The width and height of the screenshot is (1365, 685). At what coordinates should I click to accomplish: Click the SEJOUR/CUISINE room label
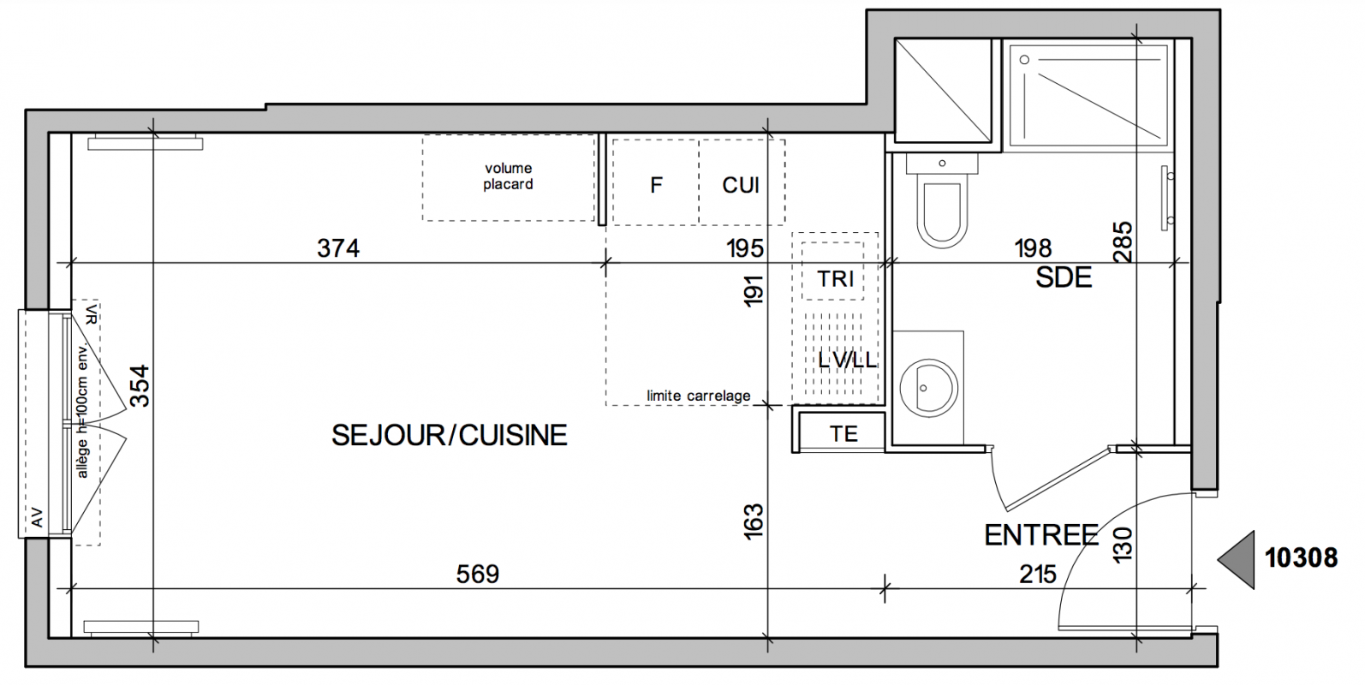tap(449, 435)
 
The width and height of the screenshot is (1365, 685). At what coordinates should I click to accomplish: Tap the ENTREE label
tap(1040, 535)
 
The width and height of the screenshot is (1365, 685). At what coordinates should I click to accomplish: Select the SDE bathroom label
tap(1064, 278)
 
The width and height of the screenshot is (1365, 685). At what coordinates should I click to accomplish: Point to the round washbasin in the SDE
tap(928, 388)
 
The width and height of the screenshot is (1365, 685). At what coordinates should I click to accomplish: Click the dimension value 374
tap(338, 248)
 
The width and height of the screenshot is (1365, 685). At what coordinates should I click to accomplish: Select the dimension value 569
tap(477, 574)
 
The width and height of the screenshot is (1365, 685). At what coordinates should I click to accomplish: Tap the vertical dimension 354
tap(140, 385)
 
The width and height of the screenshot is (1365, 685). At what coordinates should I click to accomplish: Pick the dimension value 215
tap(1037, 574)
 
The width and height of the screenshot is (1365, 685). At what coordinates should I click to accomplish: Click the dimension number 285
tap(1122, 242)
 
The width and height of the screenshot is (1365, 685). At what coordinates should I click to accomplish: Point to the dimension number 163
tap(754, 521)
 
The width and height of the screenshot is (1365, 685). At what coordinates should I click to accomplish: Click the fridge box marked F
tap(656, 182)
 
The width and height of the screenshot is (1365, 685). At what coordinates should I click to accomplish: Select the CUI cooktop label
tap(741, 185)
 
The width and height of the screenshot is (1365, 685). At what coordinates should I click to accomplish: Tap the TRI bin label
tap(835, 279)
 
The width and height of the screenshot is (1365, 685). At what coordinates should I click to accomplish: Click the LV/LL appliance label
tap(847, 360)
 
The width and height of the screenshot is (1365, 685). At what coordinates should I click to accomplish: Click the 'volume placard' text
tap(508, 176)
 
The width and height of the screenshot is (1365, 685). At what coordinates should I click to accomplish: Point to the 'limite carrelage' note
tap(699, 396)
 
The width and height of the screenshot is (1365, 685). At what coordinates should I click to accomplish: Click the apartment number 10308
tap(1301, 557)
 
